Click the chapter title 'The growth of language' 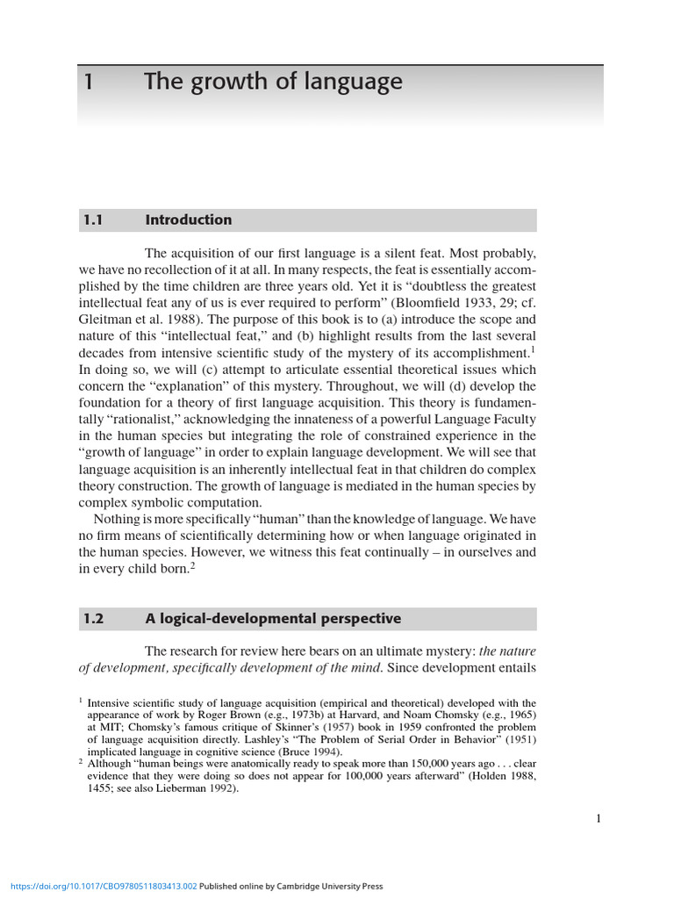coord(273,83)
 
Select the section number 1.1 coord(93,220)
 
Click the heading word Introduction coord(189,220)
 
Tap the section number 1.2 coord(93,619)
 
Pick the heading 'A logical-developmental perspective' coord(273,619)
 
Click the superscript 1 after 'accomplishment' coord(533,349)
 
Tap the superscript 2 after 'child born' coord(193,565)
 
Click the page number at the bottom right coord(599,819)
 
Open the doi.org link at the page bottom coord(98,887)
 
